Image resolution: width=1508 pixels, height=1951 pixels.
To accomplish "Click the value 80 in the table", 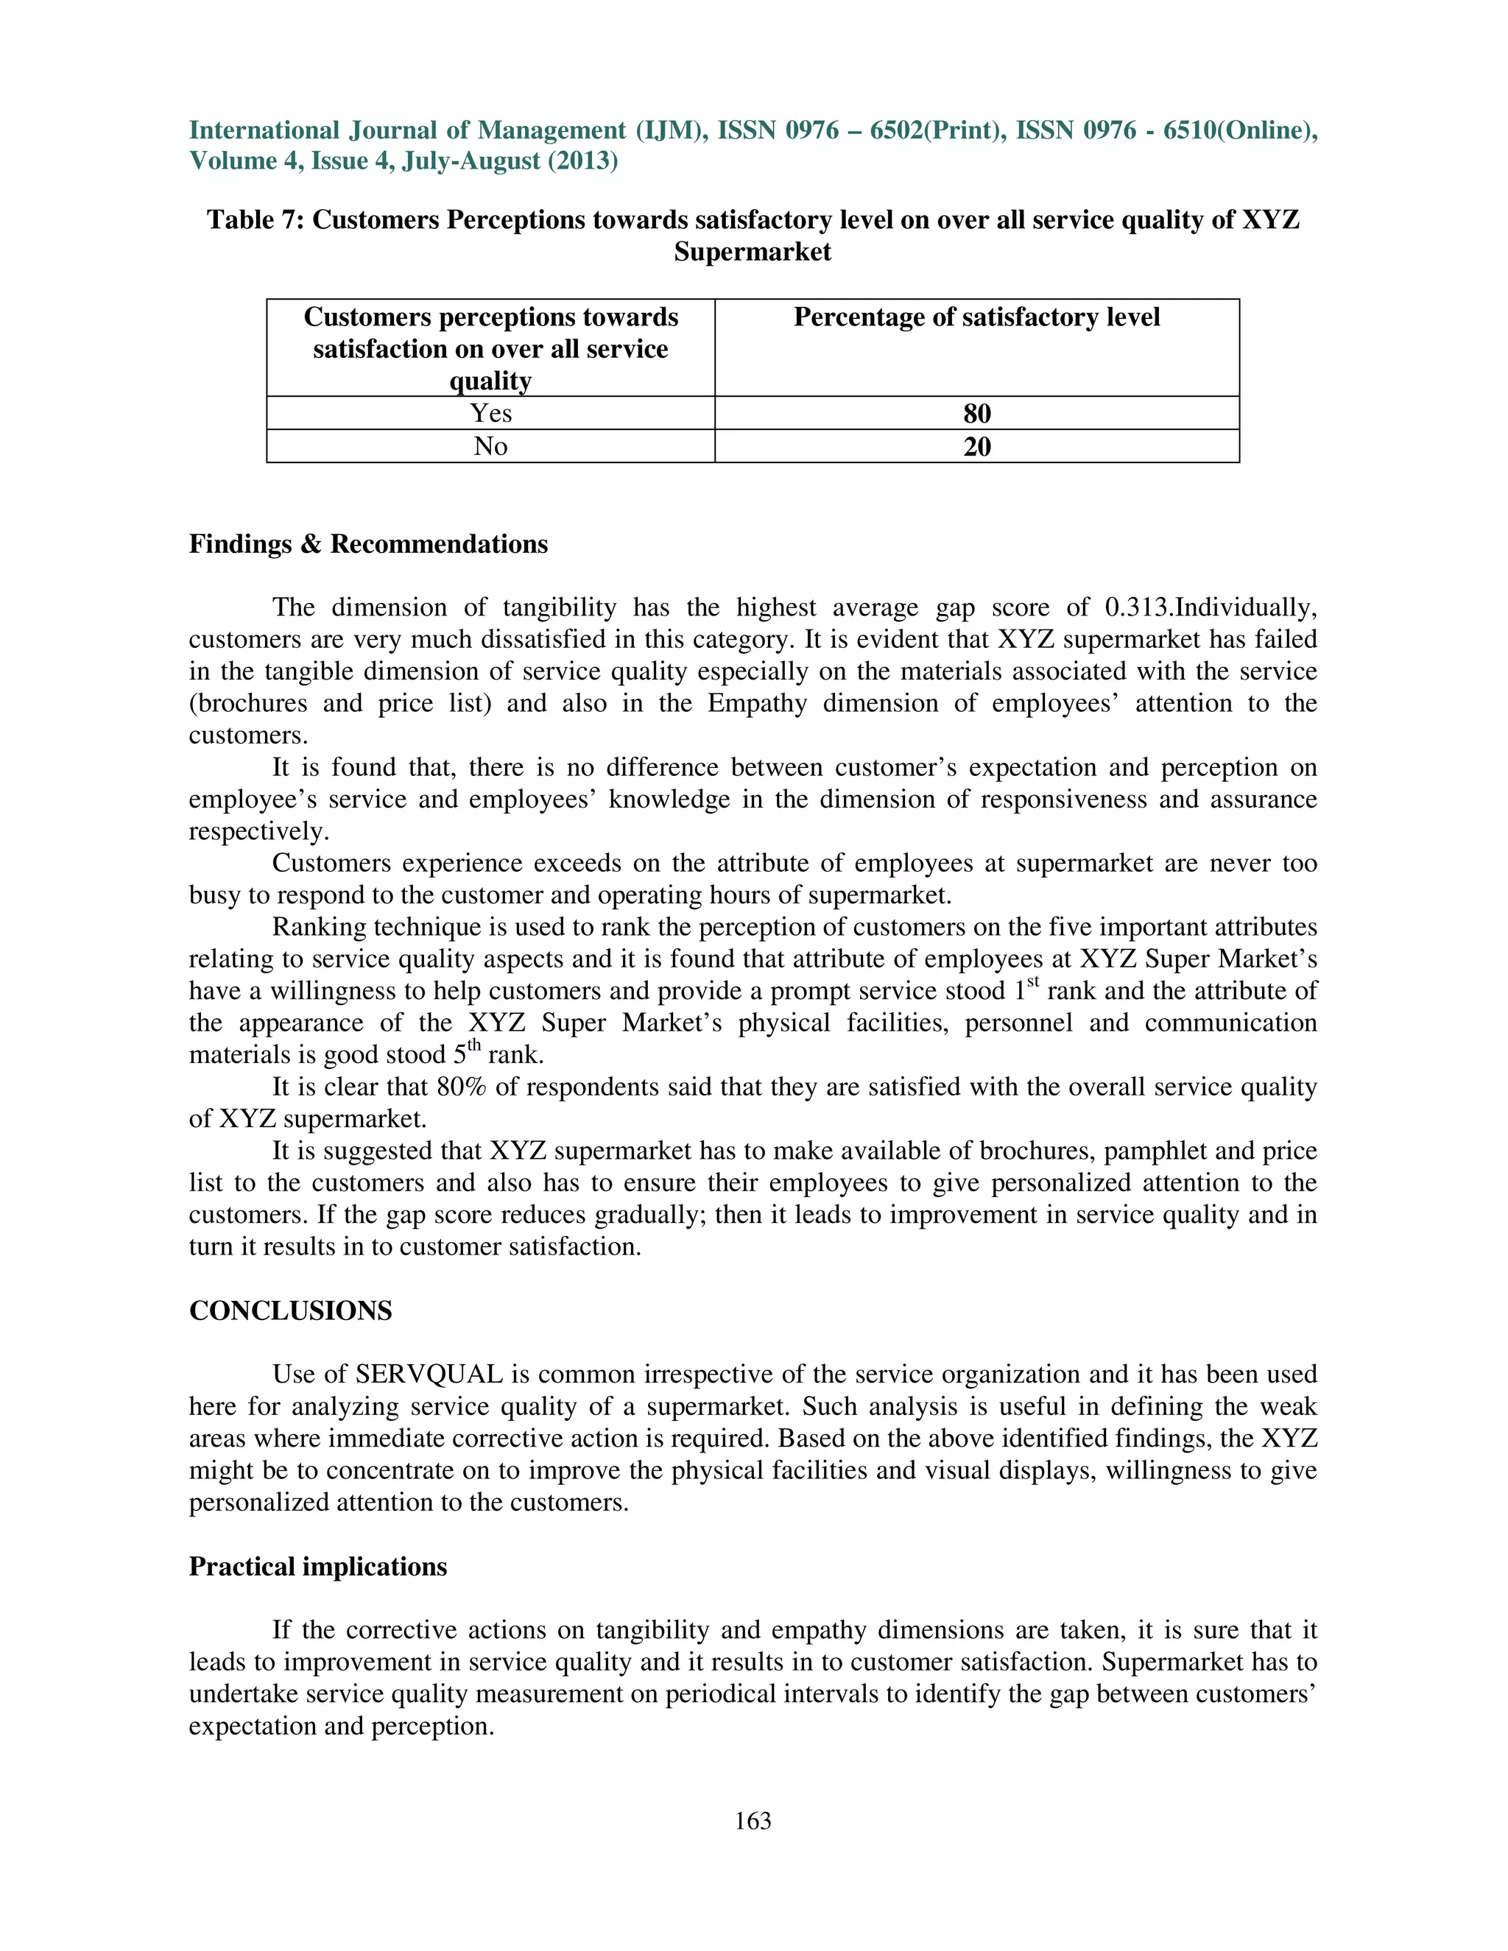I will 976,414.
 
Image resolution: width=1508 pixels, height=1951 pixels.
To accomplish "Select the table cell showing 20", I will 976,447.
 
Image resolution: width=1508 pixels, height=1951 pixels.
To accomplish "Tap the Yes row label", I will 490,413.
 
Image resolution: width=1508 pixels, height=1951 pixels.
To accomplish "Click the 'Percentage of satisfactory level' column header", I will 976,317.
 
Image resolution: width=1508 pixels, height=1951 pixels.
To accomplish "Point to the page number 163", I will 753,1821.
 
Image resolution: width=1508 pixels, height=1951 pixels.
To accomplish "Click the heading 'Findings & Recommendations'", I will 368,544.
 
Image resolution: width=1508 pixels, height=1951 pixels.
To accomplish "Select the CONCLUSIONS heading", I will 290,1310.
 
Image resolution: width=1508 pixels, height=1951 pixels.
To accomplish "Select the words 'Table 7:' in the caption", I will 256,219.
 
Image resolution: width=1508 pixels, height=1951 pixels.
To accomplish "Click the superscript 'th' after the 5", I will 474,1047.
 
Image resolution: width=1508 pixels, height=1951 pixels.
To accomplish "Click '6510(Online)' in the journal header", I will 1240,130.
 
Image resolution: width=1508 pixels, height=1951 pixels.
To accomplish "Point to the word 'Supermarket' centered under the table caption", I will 753,252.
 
